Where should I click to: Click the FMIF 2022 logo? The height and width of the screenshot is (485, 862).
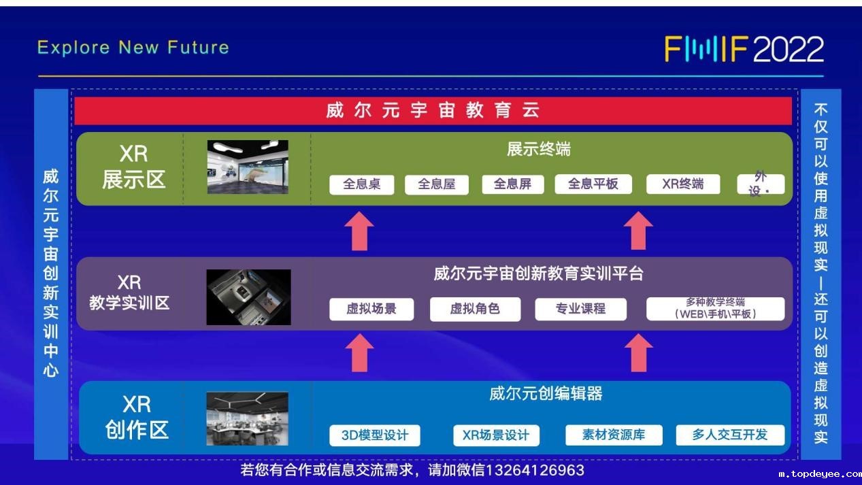(744, 49)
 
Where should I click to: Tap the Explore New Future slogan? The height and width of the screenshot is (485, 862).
(133, 48)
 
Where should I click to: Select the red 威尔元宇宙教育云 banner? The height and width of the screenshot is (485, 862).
(433, 111)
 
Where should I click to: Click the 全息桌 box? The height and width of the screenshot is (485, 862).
(362, 184)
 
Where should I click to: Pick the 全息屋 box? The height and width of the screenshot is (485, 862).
(436, 184)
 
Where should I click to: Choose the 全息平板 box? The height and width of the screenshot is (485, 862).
(593, 184)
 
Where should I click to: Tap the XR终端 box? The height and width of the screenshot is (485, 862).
(683, 184)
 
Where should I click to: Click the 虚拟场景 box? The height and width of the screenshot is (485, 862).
(371, 309)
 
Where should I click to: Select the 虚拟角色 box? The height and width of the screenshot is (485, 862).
(476, 309)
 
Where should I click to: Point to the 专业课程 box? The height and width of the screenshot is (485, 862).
(581, 309)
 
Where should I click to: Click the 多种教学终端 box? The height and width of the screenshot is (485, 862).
(715, 308)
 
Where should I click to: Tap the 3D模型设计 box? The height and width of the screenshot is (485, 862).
(375, 435)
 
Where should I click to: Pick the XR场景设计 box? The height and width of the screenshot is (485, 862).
(496, 435)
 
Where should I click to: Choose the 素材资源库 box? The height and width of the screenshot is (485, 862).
(614, 435)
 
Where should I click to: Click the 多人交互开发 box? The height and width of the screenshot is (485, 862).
(730, 435)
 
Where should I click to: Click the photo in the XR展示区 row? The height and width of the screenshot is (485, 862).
(248, 167)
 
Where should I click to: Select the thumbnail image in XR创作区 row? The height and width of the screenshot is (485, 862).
(248, 419)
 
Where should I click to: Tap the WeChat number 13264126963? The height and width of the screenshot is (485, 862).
(535, 470)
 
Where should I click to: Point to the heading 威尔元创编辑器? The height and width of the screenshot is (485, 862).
(546, 394)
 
